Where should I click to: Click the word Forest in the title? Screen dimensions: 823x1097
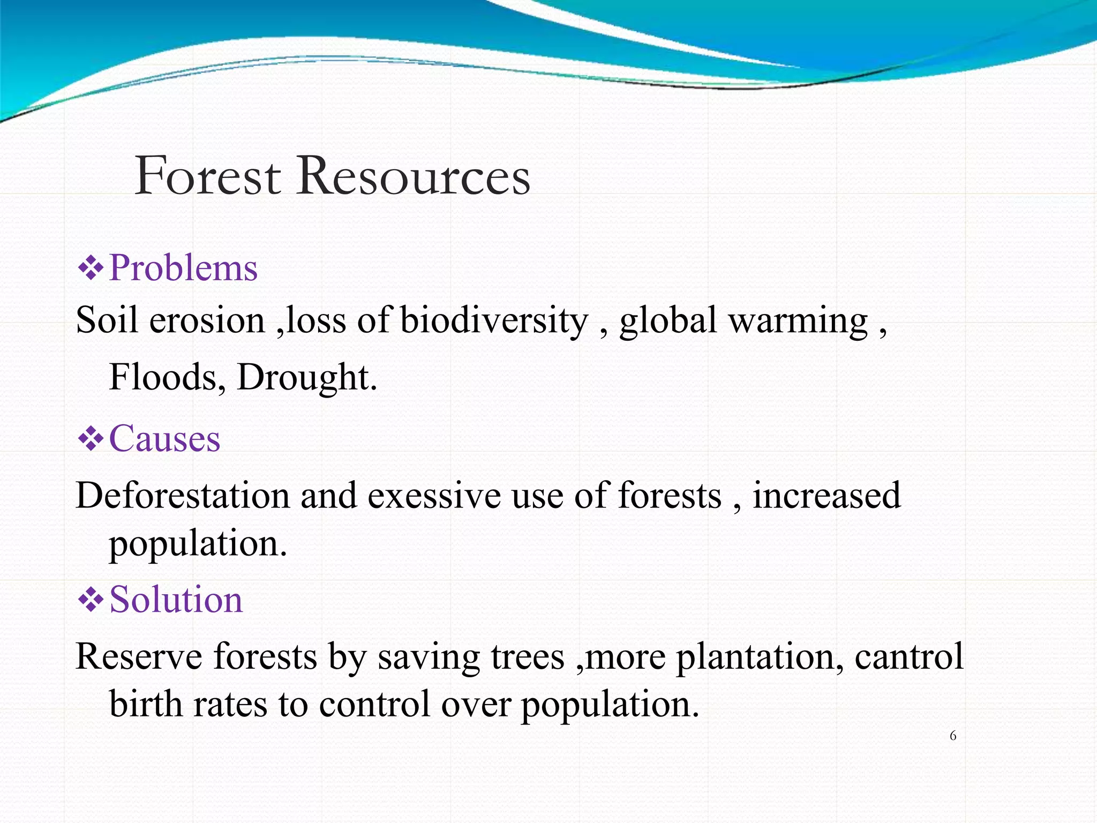[x=208, y=176]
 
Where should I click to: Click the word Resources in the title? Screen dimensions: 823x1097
[x=414, y=176]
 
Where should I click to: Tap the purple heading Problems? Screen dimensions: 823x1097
[x=183, y=267]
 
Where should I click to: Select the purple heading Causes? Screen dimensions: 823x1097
[x=164, y=439]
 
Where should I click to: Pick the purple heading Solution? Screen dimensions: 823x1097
[x=176, y=599]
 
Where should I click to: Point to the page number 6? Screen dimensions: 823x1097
[x=953, y=736]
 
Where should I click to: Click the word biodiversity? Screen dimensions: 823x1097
[x=494, y=321]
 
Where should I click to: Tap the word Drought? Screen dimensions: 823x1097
[x=306, y=378]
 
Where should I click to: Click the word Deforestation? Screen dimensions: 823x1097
[x=182, y=495]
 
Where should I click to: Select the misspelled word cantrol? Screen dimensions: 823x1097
[x=908, y=656]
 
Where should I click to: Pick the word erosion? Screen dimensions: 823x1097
[x=207, y=321]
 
